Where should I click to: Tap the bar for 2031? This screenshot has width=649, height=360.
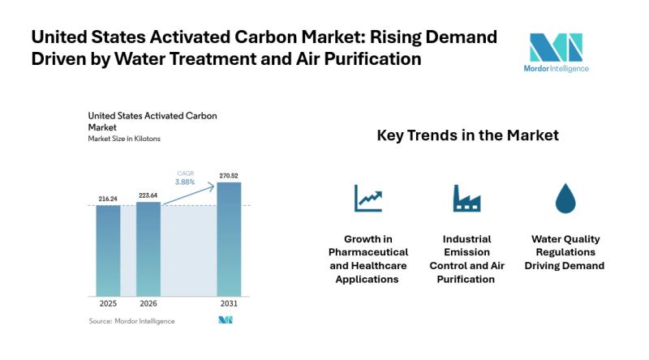pyautogui.click(x=229, y=238)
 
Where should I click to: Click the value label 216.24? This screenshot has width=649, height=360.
pyautogui.click(x=108, y=197)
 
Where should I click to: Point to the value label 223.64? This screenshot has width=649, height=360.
pyautogui.click(x=148, y=194)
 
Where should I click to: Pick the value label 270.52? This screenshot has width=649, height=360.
pyautogui.click(x=229, y=174)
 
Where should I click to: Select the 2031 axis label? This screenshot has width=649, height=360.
pyautogui.click(x=229, y=303)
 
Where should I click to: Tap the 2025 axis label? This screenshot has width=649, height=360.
pyautogui.click(x=108, y=303)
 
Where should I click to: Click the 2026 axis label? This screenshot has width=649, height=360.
pyautogui.click(x=148, y=303)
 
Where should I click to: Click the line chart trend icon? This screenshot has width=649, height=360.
pyautogui.click(x=367, y=199)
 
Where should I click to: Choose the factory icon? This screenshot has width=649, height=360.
pyautogui.click(x=467, y=199)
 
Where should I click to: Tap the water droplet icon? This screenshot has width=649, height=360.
pyautogui.click(x=565, y=199)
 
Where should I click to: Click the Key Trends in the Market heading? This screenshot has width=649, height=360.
pyautogui.click(x=467, y=135)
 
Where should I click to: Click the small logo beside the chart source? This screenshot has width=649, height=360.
pyautogui.click(x=226, y=321)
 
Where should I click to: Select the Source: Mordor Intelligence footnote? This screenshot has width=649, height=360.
pyautogui.click(x=131, y=321)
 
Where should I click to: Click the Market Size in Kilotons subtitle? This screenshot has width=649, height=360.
pyautogui.click(x=124, y=139)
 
